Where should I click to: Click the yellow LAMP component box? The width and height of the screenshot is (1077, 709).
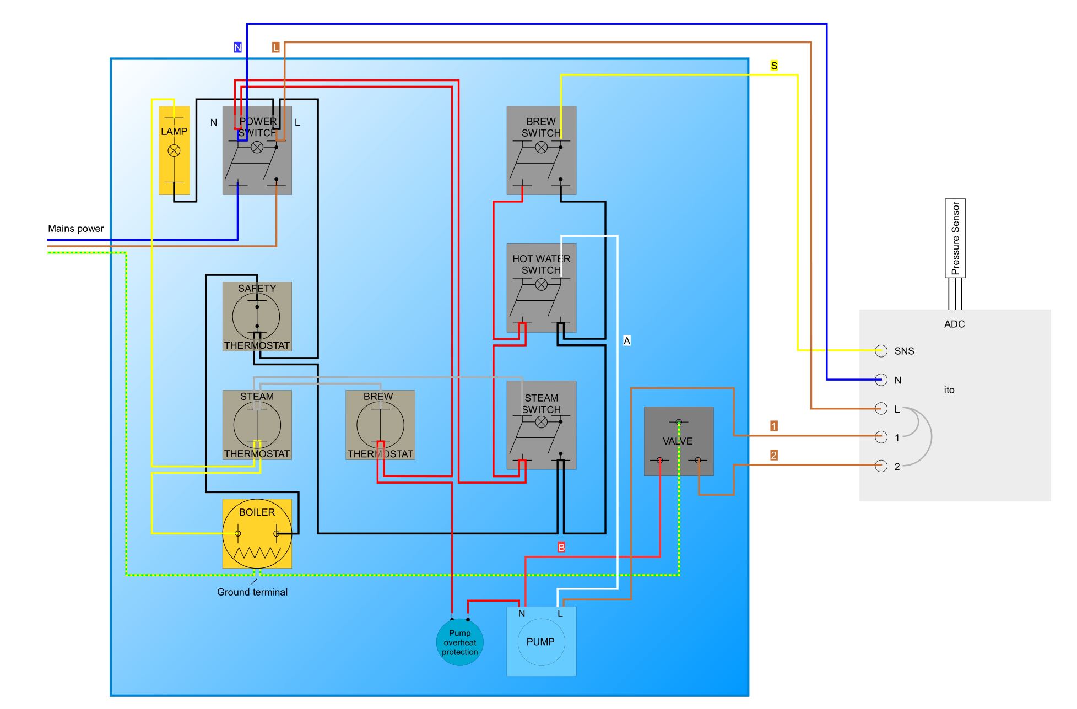(174, 150)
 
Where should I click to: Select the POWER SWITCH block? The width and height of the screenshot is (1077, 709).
(257, 150)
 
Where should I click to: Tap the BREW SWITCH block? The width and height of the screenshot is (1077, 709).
(542, 150)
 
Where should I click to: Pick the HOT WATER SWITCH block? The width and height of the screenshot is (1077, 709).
(542, 288)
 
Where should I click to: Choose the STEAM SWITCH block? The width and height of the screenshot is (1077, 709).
(542, 425)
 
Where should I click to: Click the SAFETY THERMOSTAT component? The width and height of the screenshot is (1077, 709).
(257, 317)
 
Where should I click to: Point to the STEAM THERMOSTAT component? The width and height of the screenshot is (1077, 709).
(257, 425)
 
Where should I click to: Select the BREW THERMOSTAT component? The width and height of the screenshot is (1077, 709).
(380, 425)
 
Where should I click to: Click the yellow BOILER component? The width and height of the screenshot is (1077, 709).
(257, 533)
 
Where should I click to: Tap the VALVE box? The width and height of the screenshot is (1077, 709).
(679, 441)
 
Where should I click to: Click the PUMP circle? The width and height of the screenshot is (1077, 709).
(542, 642)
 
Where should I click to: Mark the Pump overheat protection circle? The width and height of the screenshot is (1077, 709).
(459, 642)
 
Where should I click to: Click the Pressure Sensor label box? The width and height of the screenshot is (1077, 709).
(955, 238)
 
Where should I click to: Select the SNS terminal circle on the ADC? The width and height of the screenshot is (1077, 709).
(881, 351)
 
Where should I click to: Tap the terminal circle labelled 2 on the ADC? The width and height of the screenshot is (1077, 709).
(881, 466)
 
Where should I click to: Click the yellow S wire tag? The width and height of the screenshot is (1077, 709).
(774, 66)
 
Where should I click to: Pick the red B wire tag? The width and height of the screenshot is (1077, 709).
(561, 548)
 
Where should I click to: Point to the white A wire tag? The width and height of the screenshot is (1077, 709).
(627, 341)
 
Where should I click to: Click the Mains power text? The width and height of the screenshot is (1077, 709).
(76, 229)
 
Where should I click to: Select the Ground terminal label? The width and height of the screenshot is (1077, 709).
(252, 592)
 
